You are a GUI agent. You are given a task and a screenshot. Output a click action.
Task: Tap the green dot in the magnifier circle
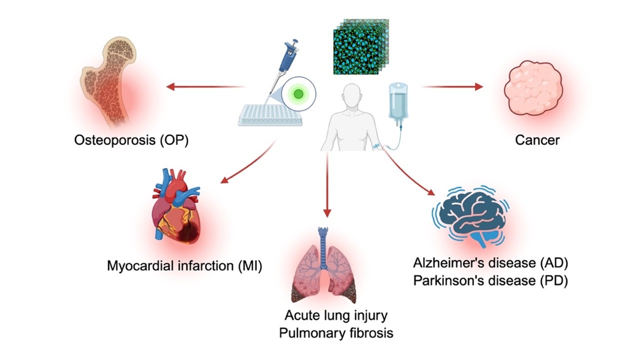pos(299,93)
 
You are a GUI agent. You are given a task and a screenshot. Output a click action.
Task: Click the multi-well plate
pos(270,115)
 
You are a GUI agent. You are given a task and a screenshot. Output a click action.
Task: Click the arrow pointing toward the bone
pos(205,87)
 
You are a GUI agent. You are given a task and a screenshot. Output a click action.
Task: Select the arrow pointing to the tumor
pos(452,86)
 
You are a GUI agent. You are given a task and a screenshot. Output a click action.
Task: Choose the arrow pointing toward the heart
pos(248,162)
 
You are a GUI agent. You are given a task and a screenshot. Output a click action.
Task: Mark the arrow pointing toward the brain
pos(407,172)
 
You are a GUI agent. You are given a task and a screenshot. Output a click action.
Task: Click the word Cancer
pos(537,140)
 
